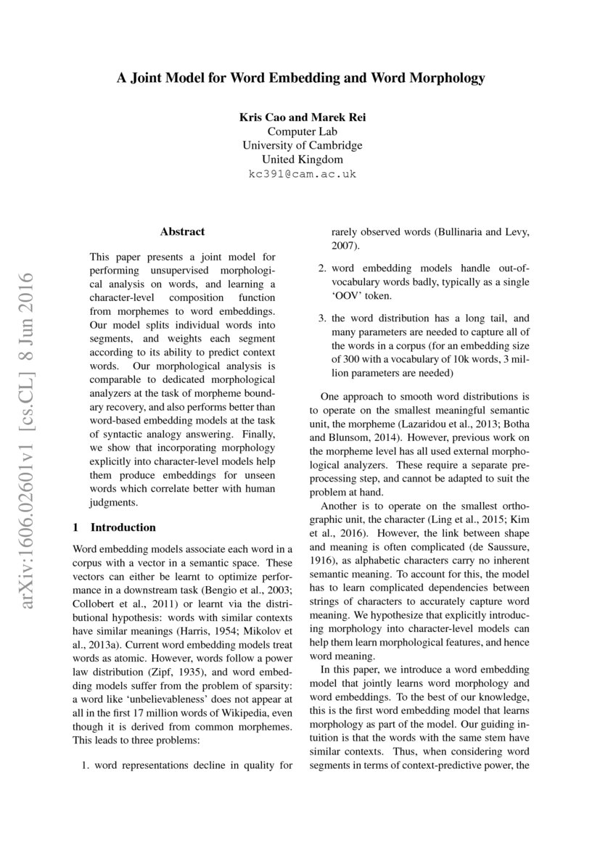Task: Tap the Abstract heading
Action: coord(182,231)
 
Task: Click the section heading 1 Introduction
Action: coord(115,527)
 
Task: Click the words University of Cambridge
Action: coord(302,146)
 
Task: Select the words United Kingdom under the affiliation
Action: coord(302,160)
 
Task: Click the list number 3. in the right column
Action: coord(324,318)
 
